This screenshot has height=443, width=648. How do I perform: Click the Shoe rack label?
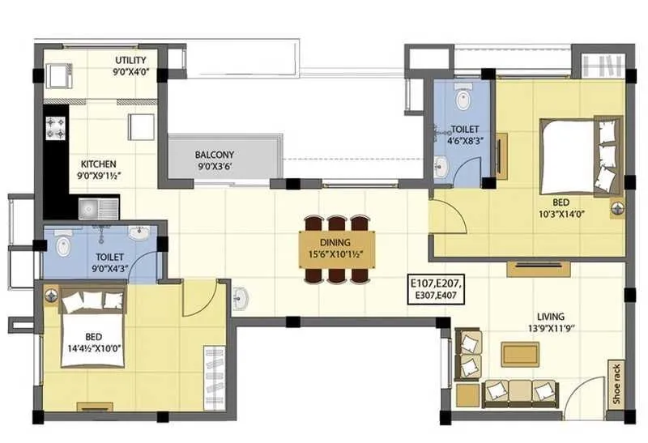pos(617,383)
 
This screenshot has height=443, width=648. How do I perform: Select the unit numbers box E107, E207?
pos(441,290)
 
